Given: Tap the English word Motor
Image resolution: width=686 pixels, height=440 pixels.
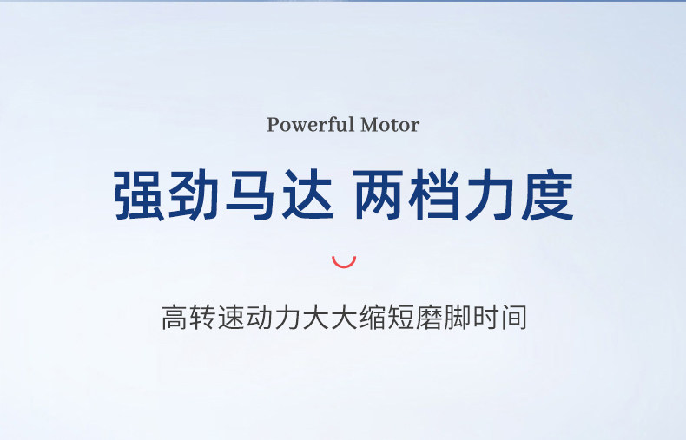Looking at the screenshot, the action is click(390, 125).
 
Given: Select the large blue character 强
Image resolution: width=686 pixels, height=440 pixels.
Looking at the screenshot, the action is click(139, 195).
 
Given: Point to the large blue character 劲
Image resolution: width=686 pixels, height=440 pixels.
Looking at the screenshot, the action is click(194, 195).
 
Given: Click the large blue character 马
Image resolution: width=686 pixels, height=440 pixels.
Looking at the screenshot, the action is click(250, 195).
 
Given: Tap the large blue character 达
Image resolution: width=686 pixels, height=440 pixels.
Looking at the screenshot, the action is click(307, 195).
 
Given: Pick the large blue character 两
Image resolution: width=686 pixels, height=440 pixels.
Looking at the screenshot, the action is click(379, 195).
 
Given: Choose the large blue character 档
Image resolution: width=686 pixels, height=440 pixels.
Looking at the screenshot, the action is click(434, 195).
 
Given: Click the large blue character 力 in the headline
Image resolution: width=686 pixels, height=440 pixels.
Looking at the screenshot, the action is click(490, 195).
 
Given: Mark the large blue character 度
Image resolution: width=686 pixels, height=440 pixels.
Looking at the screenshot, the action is click(548, 195).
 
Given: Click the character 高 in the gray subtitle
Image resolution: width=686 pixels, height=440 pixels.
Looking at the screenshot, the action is click(175, 318).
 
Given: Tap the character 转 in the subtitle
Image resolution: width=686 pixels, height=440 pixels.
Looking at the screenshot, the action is click(202, 318).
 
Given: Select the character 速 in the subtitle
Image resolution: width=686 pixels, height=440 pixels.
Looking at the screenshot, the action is click(231, 318).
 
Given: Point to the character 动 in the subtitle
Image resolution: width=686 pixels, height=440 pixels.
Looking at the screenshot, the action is click(259, 318).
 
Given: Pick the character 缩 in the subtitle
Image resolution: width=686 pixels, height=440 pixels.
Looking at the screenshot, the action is click(372, 318).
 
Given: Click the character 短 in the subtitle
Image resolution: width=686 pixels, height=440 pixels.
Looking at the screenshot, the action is click(400, 318).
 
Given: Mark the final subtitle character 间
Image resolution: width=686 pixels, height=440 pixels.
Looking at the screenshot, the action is click(513, 318).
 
